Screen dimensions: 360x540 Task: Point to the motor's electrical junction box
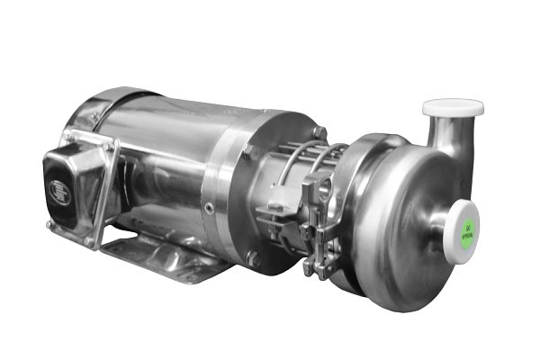pyautogui.click(x=76, y=184)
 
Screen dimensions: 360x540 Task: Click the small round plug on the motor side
pyautogui.click(x=209, y=209)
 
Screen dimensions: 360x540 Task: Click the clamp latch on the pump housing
pyautogui.click(x=316, y=225)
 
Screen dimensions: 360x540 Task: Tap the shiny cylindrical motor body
pyautogui.click(x=162, y=162)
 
